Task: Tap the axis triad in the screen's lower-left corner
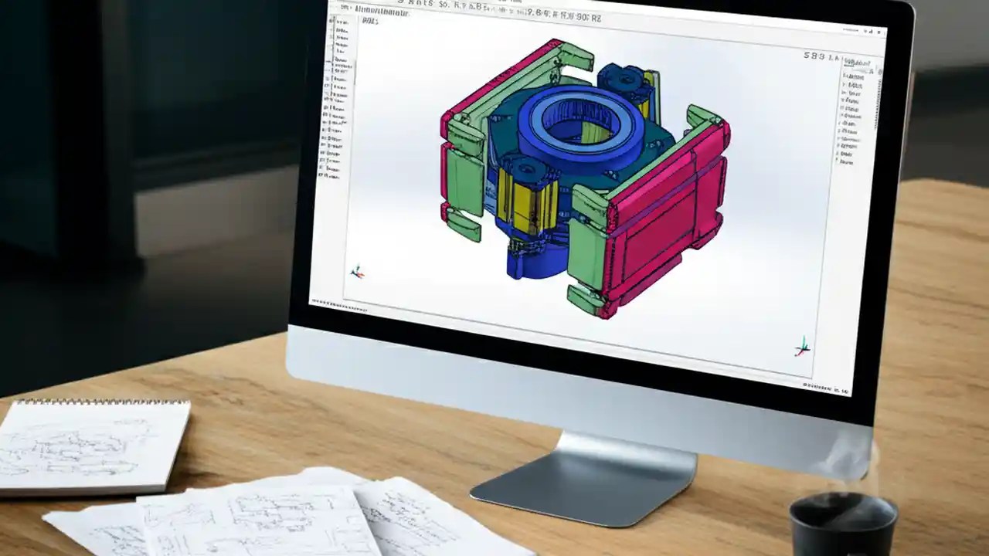(x=356, y=271)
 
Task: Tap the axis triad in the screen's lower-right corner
(x=803, y=347)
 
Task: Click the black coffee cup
(x=843, y=524)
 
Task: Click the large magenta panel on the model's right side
(x=667, y=224)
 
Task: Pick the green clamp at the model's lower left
(x=464, y=224)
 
